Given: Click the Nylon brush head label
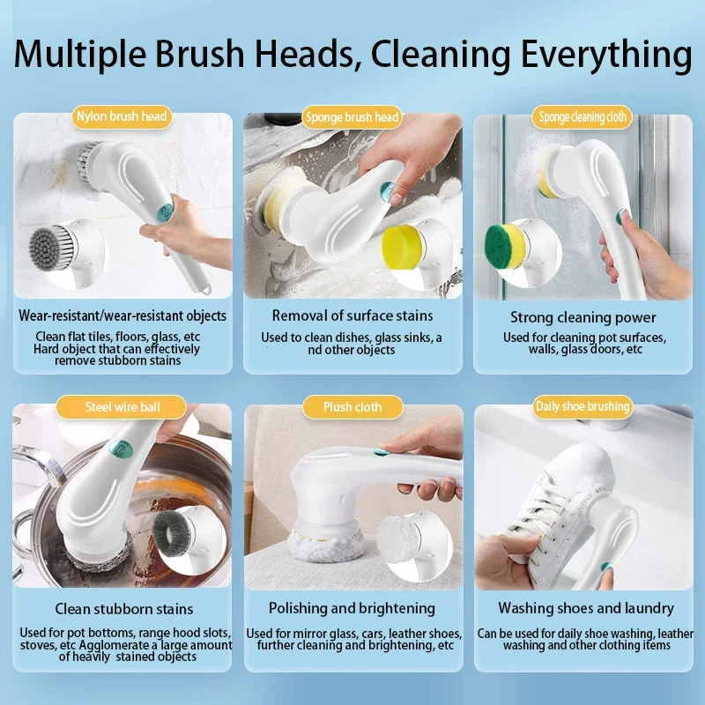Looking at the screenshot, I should click(122, 115).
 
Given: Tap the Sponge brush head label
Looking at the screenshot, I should click(352, 117).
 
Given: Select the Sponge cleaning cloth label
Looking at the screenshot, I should click(583, 117).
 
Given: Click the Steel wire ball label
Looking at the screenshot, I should click(122, 406).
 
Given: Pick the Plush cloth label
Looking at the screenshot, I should click(352, 407).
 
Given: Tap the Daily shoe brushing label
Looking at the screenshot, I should click(583, 406).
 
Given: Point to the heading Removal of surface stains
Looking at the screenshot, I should click(352, 315).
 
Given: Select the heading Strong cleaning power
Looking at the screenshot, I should click(583, 317).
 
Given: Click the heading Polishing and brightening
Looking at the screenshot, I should click(352, 608).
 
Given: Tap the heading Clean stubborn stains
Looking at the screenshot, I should click(123, 608).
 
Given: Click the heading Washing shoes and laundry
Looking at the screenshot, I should click(585, 608).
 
